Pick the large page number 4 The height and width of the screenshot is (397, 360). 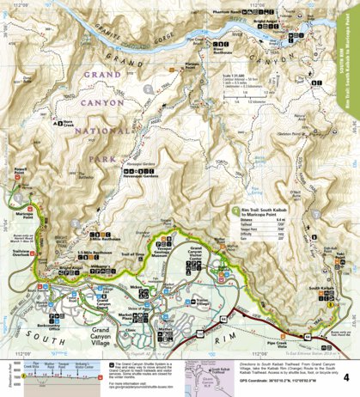pyautogui.click(x=345, y=376)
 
